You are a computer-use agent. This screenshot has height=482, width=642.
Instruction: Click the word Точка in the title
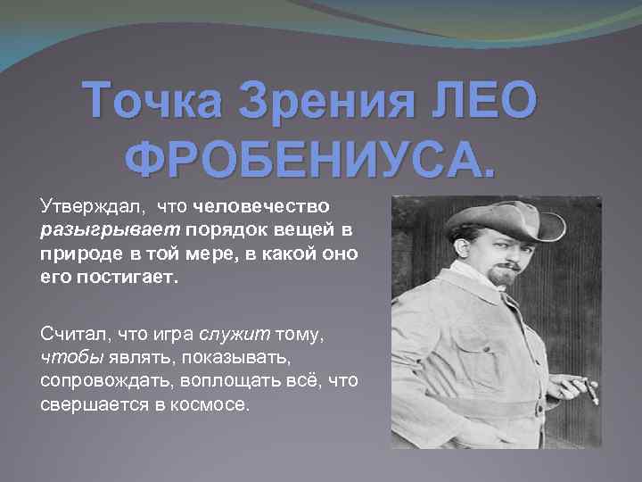click(152, 104)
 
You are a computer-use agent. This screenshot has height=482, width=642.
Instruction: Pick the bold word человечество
click(261, 209)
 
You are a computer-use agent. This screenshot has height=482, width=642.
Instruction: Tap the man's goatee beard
click(504, 278)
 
